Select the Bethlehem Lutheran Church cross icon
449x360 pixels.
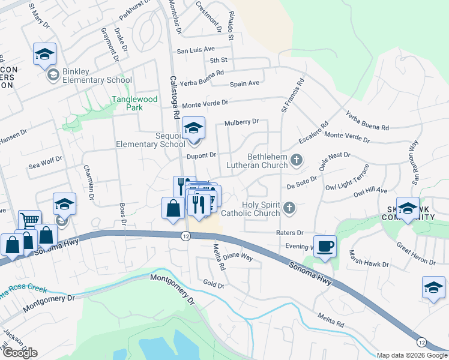296,160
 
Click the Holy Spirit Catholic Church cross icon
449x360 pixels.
289,208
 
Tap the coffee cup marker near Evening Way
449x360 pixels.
325,247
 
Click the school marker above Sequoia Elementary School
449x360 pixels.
193,128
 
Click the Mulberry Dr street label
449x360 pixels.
241,122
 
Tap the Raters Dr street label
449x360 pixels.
290,232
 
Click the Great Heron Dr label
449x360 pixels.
415,253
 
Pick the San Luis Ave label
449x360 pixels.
195,50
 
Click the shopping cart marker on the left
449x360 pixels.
29,220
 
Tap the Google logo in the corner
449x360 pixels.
20,353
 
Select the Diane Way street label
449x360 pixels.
239,258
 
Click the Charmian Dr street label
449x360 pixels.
90,182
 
